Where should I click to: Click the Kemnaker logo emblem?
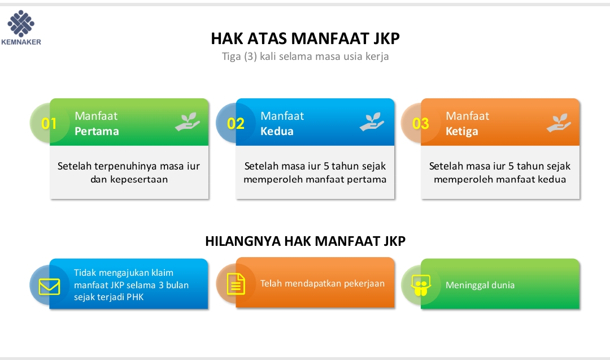tap(21, 23)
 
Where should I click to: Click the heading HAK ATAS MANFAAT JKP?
tap(306, 38)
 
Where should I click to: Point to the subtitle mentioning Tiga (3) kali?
tap(306, 57)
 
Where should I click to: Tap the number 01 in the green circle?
tap(49, 124)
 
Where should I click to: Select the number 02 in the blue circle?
tap(236, 124)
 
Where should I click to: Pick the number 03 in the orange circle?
tap(421, 124)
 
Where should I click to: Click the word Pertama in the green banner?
tap(97, 131)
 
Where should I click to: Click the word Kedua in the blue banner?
tap(277, 131)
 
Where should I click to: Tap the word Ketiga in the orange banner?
tap(462, 132)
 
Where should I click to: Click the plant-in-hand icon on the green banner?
tap(188, 122)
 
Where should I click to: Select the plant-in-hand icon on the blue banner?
tap(372, 122)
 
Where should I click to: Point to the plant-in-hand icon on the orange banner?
tap(559, 123)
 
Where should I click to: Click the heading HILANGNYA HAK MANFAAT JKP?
tap(306, 241)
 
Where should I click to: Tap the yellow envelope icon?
tap(49, 287)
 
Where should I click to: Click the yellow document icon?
tap(236, 284)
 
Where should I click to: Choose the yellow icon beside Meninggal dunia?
tap(421, 285)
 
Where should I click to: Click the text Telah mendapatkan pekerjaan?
tap(323, 283)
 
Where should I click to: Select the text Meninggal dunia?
tap(480, 285)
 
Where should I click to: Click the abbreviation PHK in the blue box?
tap(135, 297)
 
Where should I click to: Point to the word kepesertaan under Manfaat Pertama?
tap(139, 180)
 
